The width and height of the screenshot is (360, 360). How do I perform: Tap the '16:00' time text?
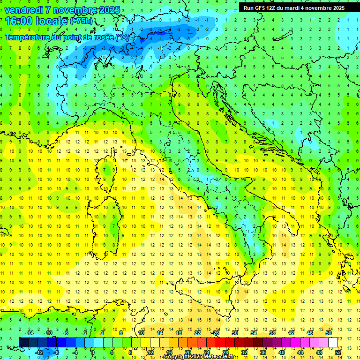pyautogui.click(x=19, y=21)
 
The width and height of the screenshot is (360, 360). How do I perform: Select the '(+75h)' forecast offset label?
pyautogui.click(x=81, y=21)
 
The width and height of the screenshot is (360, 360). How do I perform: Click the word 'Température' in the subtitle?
pyautogui.click(x=29, y=37)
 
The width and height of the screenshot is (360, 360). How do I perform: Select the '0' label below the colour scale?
pyautogui.click(x=93, y=352)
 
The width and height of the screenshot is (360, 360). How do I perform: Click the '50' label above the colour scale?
pyautogui.click(x=329, y=333)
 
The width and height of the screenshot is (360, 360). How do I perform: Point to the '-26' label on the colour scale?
pyautogui.click(x=215, y=333)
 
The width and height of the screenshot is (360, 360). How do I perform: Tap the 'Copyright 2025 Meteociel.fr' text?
pyautogui.click(x=199, y=357)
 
